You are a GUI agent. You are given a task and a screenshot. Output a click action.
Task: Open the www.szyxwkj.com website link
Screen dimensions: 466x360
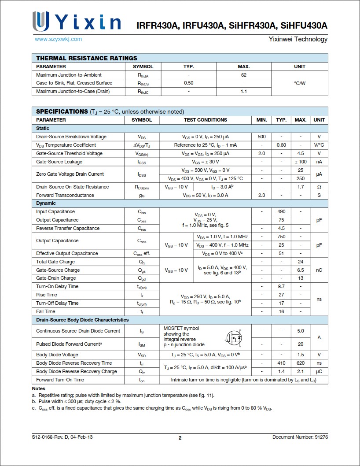coord(58,39)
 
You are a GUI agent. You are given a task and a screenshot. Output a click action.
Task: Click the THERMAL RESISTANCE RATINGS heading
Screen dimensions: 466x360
coord(87,58)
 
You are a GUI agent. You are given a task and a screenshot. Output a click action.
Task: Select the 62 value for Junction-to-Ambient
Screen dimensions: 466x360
coord(243,75)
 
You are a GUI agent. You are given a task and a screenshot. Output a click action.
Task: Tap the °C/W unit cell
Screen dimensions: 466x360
coord(299,83)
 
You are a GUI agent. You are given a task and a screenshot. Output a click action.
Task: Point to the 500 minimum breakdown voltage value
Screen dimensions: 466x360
coord(261,137)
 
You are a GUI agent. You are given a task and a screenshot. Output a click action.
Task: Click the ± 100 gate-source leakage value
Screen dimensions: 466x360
coord(301,162)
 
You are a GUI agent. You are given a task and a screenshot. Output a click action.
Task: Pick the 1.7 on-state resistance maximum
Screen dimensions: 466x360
coord(301,187)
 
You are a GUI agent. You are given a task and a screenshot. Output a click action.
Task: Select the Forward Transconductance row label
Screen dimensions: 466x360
coord(65,195)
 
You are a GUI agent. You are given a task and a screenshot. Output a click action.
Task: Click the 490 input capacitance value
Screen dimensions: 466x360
coord(281,211)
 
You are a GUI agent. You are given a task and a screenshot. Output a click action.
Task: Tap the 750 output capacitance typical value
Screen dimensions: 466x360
coord(281,237)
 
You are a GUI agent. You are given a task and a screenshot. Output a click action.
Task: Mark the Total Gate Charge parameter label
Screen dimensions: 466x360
coord(55,262)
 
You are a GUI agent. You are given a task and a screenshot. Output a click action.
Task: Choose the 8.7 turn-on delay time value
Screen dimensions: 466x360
coord(281,286)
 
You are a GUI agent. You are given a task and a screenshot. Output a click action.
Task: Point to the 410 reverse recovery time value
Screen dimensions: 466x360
coord(281,363)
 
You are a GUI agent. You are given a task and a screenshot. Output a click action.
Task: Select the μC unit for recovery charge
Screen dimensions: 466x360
coord(319,371)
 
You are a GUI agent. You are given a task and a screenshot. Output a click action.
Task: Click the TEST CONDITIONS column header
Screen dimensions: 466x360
coord(206,120)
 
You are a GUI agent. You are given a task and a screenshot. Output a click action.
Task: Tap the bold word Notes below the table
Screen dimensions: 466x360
coord(39,388)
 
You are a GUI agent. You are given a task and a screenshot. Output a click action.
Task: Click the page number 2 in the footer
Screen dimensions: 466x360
coord(180,437)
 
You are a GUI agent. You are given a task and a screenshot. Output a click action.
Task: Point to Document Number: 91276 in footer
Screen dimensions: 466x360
coord(300,437)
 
